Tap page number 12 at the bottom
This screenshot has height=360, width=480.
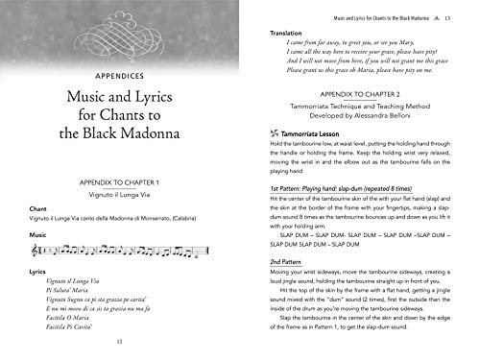[x=119, y=340]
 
